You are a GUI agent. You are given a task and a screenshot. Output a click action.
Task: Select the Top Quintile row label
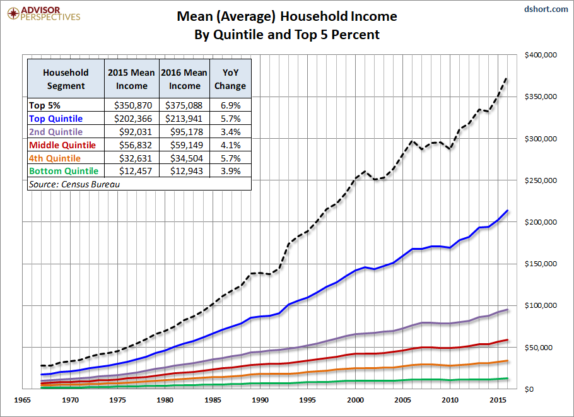(56, 118)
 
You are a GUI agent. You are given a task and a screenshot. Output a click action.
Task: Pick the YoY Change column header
(230, 79)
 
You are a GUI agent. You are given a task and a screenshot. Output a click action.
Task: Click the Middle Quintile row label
(62, 144)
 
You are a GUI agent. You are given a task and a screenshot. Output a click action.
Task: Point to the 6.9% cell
(230, 105)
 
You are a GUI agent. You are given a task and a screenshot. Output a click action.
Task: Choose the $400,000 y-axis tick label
(541, 55)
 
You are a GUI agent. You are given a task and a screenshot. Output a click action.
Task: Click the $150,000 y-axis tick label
(541, 264)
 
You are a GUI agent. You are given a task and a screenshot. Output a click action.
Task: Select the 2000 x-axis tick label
(356, 399)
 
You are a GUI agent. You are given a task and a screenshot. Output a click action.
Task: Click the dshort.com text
(546, 9)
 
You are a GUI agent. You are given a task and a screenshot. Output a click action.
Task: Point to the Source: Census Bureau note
(74, 184)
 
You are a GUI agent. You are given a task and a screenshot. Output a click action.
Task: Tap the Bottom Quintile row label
(63, 171)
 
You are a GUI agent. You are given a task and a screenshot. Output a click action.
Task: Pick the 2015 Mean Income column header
(132, 79)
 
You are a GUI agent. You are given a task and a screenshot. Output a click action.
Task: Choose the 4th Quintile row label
(56, 158)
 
